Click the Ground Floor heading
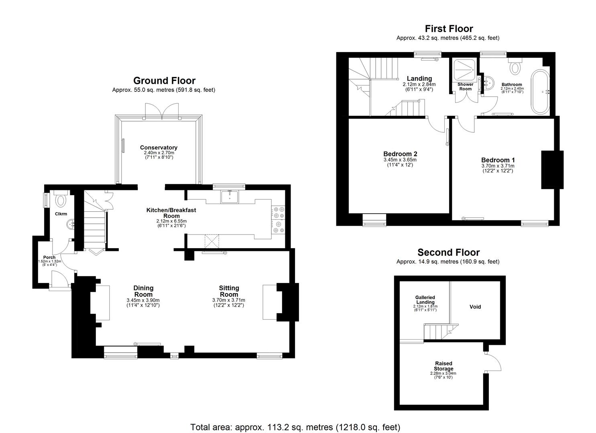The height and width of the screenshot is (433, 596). (164, 81)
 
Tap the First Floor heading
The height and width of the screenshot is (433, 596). (449, 28)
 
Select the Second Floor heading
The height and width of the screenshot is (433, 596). (448, 252)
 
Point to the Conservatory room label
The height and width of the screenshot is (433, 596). (159, 148)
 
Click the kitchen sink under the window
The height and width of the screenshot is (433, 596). (229, 196)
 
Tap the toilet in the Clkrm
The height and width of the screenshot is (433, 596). (61, 200)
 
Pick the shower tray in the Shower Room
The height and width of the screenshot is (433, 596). (465, 69)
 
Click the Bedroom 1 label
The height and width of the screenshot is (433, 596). (498, 160)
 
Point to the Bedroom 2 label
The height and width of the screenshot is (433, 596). (400, 154)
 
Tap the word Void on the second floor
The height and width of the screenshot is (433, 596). (475, 307)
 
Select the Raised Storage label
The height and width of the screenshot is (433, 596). (443, 366)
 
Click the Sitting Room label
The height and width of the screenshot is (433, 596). (229, 288)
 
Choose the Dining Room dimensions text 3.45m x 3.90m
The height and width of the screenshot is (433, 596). (143, 300)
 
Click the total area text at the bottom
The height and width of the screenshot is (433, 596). (295, 427)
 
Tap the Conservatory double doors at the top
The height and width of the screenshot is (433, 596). (162, 110)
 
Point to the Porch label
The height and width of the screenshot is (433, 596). (49, 257)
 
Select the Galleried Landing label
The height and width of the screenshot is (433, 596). (425, 299)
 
